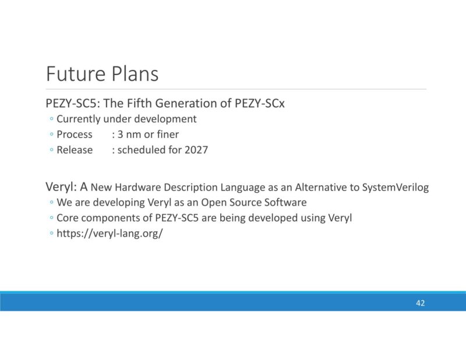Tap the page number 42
(421, 303)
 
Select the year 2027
(196, 150)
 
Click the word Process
(75, 135)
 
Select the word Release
(75, 150)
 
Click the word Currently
(78, 119)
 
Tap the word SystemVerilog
(395, 188)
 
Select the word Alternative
(321, 188)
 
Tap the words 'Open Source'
(228, 203)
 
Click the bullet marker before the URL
(51, 234)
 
